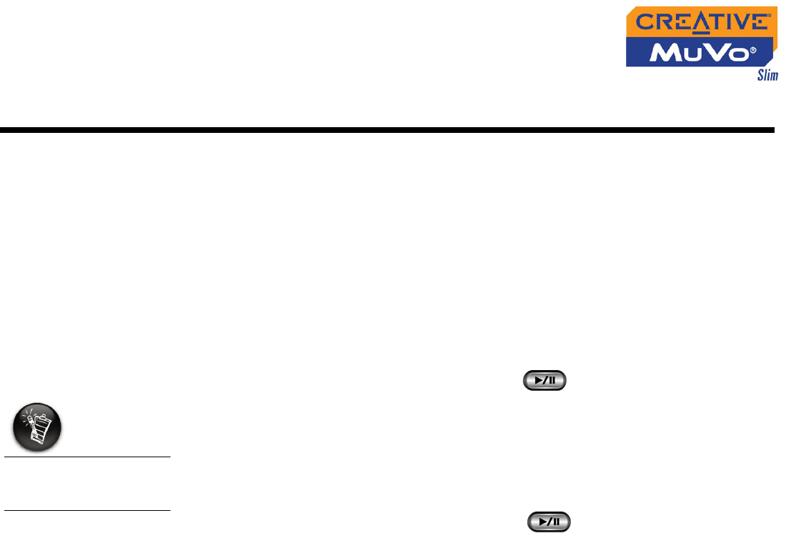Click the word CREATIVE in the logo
tap(703, 22)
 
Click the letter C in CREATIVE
tap(645, 22)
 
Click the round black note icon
tap(38, 427)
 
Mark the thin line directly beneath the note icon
tap(86, 456)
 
